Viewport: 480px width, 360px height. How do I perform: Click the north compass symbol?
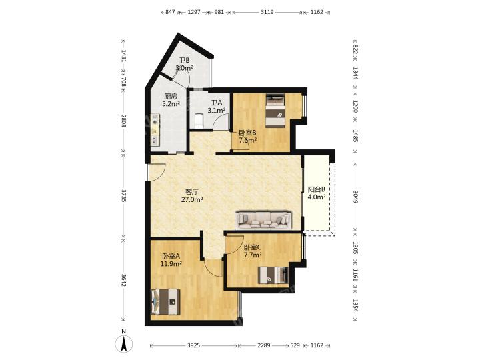[124, 343]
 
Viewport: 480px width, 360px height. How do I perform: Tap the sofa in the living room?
[263, 219]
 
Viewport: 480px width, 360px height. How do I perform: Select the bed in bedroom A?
[165, 302]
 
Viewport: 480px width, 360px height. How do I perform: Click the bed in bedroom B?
[275, 110]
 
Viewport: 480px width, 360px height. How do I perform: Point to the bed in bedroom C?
[273, 275]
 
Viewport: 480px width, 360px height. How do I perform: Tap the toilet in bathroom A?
[199, 121]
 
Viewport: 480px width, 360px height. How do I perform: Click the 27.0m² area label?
[192, 200]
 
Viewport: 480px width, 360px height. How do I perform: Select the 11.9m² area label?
[171, 263]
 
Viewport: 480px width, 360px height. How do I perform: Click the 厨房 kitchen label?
[171, 96]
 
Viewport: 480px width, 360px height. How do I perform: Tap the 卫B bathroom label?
[184, 60]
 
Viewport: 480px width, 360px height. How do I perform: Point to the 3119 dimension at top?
[267, 12]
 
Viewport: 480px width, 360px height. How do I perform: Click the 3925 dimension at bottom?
[193, 345]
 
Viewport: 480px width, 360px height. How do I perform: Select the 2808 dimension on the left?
[123, 121]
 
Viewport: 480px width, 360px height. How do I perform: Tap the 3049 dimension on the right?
[355, 197]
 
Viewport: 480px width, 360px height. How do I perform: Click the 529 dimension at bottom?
[295, 345]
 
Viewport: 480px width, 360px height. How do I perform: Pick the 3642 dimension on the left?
[123, 280]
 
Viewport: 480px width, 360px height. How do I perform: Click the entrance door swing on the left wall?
[157, 172]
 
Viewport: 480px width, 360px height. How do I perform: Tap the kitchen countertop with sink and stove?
[155, 130]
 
